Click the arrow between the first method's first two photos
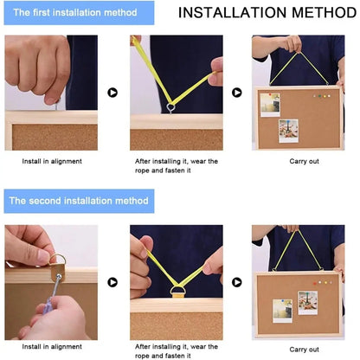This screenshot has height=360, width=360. [x=112, y=93]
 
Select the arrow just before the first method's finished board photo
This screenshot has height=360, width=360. [x=237, y=93]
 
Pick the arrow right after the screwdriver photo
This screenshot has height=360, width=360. [x=112, y=282]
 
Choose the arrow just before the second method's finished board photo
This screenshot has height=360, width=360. [x=237, y=282]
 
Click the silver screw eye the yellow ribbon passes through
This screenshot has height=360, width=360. [x=171, y=108]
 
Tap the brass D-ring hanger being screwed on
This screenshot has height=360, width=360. [x=58, y=267]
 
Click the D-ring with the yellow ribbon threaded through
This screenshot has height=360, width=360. [x=177, y=292]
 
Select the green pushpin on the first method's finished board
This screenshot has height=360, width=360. [x=319, y=96]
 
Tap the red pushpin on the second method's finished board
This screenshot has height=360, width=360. [x=315, y=284]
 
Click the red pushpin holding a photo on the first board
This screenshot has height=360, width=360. [x=270, y=94]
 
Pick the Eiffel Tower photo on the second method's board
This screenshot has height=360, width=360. [x=308, y=303]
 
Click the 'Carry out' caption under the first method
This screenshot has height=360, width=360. [x=304, y=161]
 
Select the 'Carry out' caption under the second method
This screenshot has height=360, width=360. [x=304, y=350]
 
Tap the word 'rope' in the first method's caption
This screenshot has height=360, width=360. [x=142, y=170]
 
